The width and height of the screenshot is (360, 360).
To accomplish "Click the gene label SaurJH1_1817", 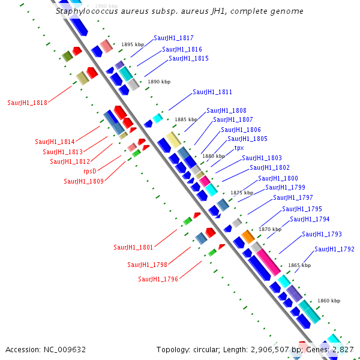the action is coord(173,38).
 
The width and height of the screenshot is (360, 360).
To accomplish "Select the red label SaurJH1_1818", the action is coord(28,103).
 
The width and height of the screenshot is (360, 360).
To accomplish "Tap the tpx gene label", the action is coord(239,148).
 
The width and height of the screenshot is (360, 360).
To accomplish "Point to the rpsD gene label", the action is coord(90,171).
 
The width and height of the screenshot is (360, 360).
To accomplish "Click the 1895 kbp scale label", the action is coord(133,44).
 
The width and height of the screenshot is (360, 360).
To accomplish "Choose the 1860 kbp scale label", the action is coord(329,301).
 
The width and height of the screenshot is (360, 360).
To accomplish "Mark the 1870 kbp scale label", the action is coord(270,229).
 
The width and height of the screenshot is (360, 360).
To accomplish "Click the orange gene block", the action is coord(248,236).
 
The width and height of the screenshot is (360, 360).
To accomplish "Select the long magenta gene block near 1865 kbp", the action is coord(268,262).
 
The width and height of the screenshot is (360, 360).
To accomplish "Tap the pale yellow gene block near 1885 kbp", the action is coord(173,140).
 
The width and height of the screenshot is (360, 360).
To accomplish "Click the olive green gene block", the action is coord(67,56).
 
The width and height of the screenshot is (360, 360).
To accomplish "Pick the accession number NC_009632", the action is coord(65,350).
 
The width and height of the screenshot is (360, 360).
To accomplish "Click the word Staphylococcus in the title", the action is coord(87,11).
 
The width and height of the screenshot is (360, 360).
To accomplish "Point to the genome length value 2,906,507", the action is coord(270,350).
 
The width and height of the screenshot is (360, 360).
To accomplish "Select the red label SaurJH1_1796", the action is coord(158,279).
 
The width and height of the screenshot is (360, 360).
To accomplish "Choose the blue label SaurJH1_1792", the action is coord(334,249).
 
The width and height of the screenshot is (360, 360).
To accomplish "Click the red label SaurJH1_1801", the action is coord(133,247).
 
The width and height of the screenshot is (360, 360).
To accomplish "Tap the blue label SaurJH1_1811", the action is coord(212,92).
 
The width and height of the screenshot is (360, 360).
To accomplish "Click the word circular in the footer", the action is coord(206,350).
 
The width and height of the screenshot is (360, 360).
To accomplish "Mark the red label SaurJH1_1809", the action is coord(84,181).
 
